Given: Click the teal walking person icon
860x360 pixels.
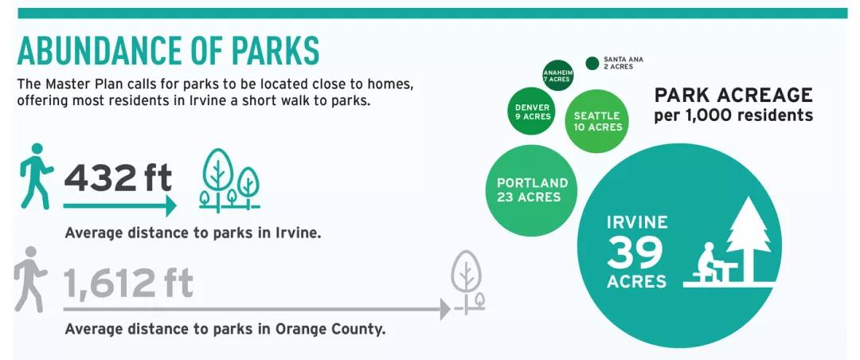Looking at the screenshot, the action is point(37,176).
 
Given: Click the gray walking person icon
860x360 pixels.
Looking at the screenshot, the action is point(30,280).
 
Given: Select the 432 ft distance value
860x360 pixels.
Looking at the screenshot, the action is point(118,178).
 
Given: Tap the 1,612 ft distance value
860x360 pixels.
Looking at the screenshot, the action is point(128,283).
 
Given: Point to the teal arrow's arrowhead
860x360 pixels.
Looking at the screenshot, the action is point(171,205).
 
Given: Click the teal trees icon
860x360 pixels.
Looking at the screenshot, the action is point(229,181).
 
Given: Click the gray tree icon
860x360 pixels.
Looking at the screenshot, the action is point(468,282).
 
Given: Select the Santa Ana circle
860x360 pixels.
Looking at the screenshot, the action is point(592,63).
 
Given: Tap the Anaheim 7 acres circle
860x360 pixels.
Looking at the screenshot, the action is point(557,76).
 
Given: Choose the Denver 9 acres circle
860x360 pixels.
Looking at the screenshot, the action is point(533,112).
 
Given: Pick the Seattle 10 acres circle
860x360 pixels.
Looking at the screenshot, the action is point(596,121).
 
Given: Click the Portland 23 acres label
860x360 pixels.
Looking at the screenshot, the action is point(532,190).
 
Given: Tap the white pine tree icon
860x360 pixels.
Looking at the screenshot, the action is point(749,239).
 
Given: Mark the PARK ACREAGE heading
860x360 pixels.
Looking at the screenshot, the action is point(733,95).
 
